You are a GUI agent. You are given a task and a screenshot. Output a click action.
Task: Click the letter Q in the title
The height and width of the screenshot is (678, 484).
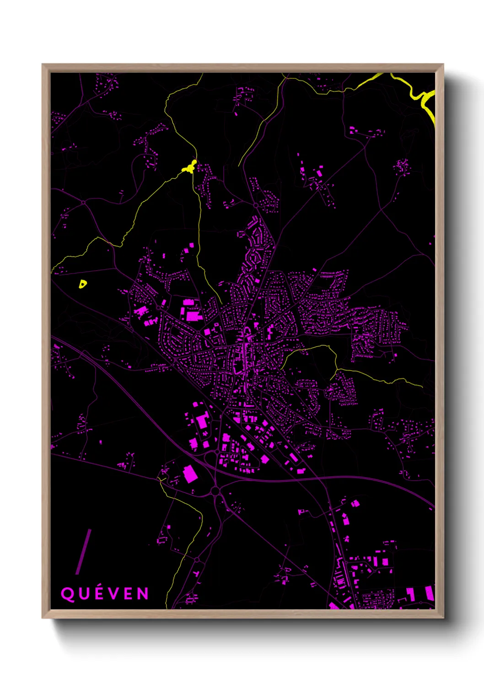67,594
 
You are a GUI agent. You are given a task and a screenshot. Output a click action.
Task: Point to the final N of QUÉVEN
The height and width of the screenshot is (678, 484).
143,594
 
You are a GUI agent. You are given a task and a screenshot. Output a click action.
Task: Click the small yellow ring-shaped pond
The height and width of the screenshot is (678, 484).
82,284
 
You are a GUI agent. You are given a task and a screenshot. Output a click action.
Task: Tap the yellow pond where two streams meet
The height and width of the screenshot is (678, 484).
189,167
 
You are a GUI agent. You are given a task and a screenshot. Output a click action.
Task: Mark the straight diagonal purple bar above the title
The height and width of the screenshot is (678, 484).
84,552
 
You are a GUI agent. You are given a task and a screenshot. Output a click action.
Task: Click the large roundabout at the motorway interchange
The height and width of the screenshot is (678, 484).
215,492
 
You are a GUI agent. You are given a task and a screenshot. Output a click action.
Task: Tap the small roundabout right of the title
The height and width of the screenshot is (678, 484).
197,560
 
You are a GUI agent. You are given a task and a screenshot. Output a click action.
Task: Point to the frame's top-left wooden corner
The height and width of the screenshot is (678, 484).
45,67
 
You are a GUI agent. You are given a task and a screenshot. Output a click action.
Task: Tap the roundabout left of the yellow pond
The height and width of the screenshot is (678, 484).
83,202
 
